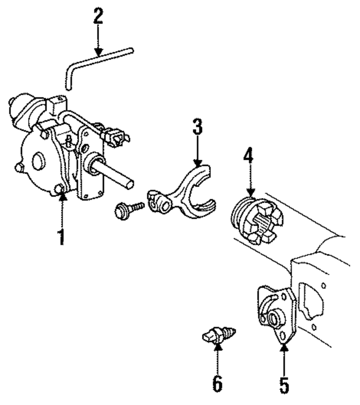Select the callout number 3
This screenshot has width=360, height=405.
coord(197,127)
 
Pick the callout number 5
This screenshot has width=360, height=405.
coord(284,384)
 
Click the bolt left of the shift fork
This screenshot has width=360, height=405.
coord(128,209)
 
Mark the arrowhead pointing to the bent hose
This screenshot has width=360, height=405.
coord(98,53)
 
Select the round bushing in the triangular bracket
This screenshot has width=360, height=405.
coord(274,316)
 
